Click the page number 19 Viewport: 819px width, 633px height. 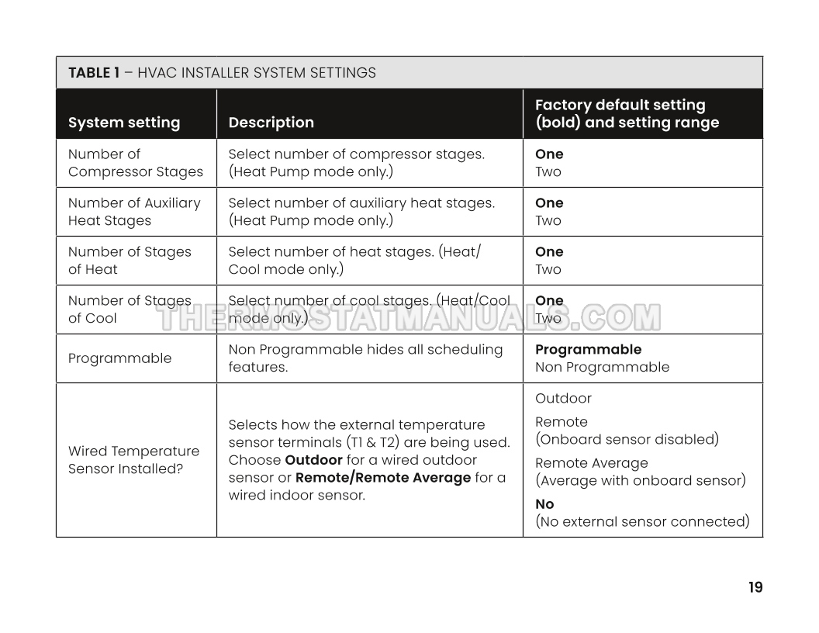(x=755, y=587)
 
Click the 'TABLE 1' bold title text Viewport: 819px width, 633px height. (x=94, y=73)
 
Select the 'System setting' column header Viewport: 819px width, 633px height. (x=124, y=123)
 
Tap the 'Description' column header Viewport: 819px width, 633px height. (x=271, y=123)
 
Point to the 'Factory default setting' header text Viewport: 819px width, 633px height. (x=620, y=105)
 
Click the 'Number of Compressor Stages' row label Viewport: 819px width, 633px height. (x=135, y=163)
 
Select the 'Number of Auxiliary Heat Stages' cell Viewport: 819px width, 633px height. (x=133, y=212)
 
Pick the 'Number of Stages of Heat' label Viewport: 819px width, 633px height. (x=129, y=261)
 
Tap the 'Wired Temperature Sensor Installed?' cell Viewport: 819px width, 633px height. (x=133, y=460)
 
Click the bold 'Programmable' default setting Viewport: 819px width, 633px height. (x=588, y=350)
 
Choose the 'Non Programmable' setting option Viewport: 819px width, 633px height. (x=602, y=367)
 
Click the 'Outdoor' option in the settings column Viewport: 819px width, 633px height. (x=563, y=399)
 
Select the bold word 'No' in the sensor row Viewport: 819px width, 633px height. (x=544, y=504)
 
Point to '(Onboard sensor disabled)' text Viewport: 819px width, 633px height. (x=627, y=439)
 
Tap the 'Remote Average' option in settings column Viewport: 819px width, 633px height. (x=591, y=463)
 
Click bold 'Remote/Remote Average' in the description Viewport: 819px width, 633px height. (x=383, y=478)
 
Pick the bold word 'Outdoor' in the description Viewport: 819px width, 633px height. (x=313, y=460)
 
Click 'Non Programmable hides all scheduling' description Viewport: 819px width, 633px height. (x=365, y=350)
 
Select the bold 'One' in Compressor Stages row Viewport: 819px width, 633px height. (x=549, y=154)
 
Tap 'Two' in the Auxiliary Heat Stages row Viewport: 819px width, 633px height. (x=548, y=220)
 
